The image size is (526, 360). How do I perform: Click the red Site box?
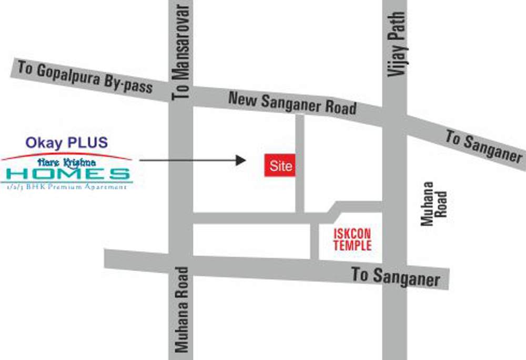pos(280,166)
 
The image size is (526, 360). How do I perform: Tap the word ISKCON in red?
pos(352,234)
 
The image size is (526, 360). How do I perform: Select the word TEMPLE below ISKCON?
pos(352,245)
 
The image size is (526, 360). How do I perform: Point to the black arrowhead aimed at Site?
pos(241,160)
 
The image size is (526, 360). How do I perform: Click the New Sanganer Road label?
pos(292,103)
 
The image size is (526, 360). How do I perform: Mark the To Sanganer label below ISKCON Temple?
pos(395,277)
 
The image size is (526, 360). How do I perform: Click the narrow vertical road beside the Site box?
pos(299,163)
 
